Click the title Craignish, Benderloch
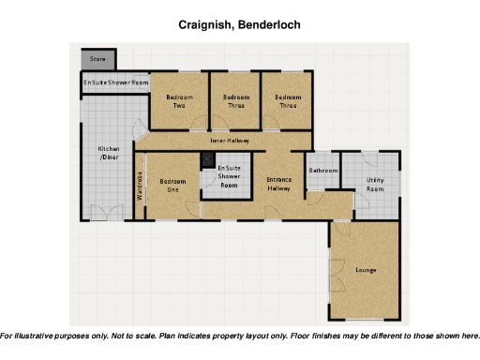239,22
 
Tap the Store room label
97,59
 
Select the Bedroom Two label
178,101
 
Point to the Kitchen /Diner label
110,154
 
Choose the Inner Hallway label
235,140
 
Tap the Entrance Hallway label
279,184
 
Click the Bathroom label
323,171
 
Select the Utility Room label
374,184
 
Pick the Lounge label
366,271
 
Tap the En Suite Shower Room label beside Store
115,82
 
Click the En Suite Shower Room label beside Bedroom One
229,177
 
